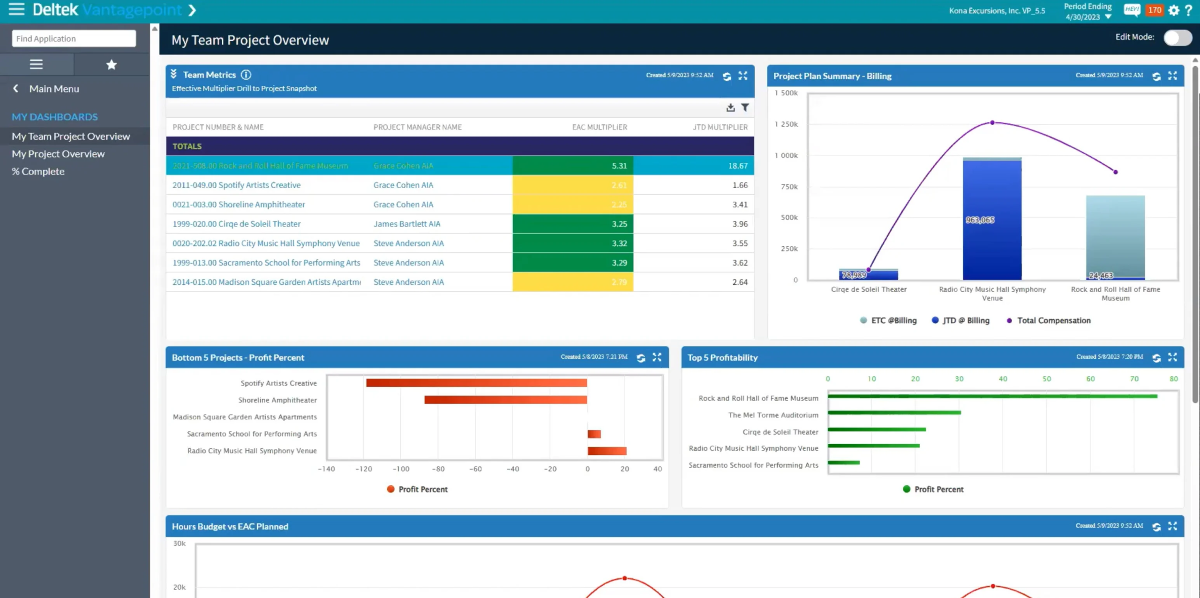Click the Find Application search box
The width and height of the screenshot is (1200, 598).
click(x=74, y=38)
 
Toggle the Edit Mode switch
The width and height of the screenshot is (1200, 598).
click(x=1177, y=38)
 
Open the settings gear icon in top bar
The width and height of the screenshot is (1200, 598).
click(x=1173, y=10)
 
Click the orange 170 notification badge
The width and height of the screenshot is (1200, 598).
click(x=1154, y=10)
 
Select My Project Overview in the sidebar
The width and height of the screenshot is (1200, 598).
click(x=58, y=154)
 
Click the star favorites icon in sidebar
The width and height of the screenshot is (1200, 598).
click(x=111, y=65)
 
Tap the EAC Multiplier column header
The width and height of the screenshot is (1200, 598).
click(x=599, y=127)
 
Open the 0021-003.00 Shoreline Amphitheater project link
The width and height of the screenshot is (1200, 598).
click(x=239, y=204)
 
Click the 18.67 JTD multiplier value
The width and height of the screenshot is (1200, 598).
click(x=738, y=166)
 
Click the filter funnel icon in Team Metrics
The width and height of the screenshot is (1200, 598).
click(x=745, y=108)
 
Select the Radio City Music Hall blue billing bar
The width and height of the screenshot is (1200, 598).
click(x=992, y=220)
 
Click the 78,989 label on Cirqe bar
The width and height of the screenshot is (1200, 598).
click(x=854, y=275)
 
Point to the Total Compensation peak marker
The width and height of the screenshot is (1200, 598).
click(x=992, y=123)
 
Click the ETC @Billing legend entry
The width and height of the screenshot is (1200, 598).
click(x=888, y=320)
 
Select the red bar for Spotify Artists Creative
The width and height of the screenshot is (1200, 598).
click(x=476, y=383)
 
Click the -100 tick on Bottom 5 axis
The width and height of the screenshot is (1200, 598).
click(x=401, y=469)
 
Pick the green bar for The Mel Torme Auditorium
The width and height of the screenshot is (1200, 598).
click(x=894, y=413)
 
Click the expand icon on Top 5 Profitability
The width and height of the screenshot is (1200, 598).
click(x=1172, y=357)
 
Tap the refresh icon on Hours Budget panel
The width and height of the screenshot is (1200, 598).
click(x=1156, y=527)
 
